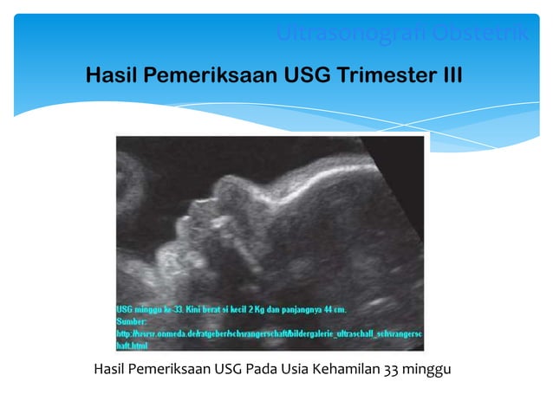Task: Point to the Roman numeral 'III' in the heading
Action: tap(451, 76)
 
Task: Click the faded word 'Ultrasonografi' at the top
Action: tap(342, 34)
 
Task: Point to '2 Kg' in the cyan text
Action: tap(255, 309)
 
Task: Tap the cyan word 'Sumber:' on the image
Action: tap(133, 320)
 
